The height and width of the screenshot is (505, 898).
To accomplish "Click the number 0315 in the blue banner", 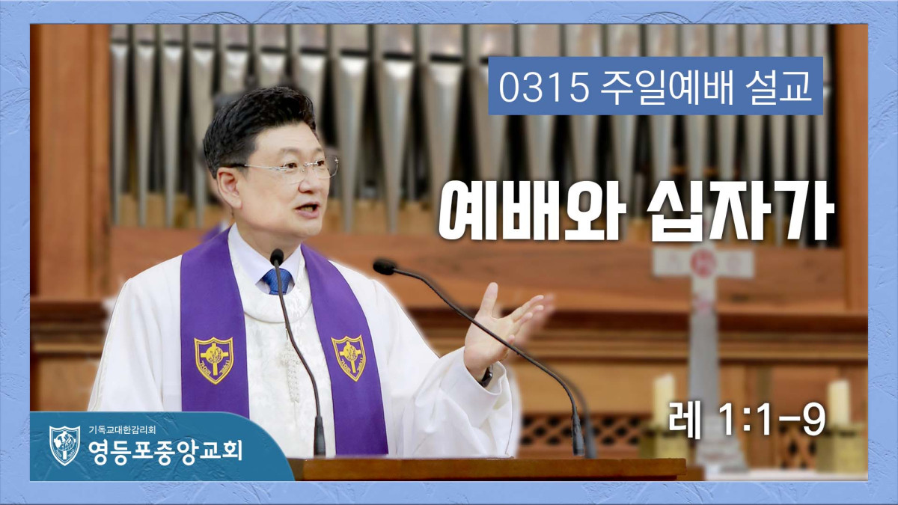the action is pyautogui.click(x=543, y=87).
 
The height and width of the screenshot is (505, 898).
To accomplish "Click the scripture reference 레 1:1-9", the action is pyautogui.click(x=747, y=420).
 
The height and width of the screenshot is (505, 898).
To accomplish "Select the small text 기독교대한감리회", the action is pyautogui.click(x=122, y=430).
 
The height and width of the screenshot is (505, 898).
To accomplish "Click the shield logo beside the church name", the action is pyautogui.click(x=64, y=445).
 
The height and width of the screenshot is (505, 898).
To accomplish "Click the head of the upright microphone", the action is pyautogui.click(x=277, y=257).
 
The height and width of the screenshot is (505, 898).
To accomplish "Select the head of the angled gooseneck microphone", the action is pyautogui.click(x=384, y=267).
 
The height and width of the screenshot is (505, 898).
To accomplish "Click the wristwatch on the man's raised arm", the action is pyautogui.click(x=486, y=377).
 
